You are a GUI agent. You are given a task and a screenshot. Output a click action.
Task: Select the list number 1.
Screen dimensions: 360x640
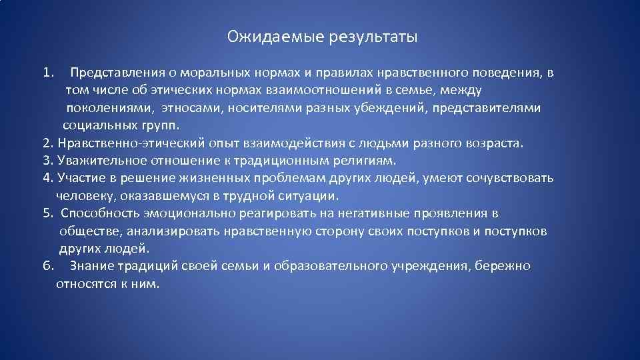[x=46, y=71]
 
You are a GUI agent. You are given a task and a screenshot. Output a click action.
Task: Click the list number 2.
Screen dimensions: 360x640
[x=46, y=143]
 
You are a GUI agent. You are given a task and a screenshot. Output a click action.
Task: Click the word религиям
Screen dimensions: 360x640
[x=366, y=161]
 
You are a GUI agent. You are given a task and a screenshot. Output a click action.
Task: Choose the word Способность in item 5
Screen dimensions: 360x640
[x=101, y=213]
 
